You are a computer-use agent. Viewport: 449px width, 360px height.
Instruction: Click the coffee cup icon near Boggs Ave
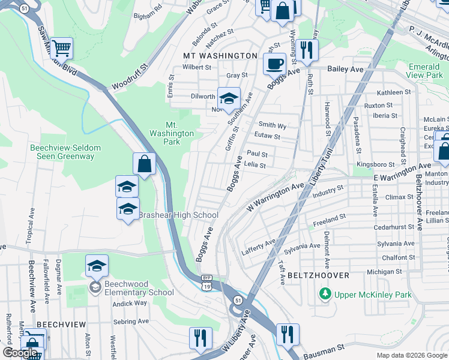point(274,63)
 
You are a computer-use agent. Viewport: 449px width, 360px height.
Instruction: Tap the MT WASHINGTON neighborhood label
point(220,56)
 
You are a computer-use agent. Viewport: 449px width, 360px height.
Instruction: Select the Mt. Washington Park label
point(172,134)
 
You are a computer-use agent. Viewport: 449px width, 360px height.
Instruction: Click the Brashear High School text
point(178,215)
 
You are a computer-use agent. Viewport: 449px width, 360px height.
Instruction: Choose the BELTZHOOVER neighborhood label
point(318,275)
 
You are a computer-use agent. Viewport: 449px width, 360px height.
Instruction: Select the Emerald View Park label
point(424,71)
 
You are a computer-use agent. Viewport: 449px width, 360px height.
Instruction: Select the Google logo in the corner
point(20,353)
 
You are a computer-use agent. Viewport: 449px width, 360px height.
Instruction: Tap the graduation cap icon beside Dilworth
point(228,98)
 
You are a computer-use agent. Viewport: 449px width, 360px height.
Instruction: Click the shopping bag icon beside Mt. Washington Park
point(145,163)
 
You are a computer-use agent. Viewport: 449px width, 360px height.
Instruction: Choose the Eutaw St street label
point(267,137)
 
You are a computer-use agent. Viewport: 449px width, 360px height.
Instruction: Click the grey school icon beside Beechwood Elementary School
point(95,287)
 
